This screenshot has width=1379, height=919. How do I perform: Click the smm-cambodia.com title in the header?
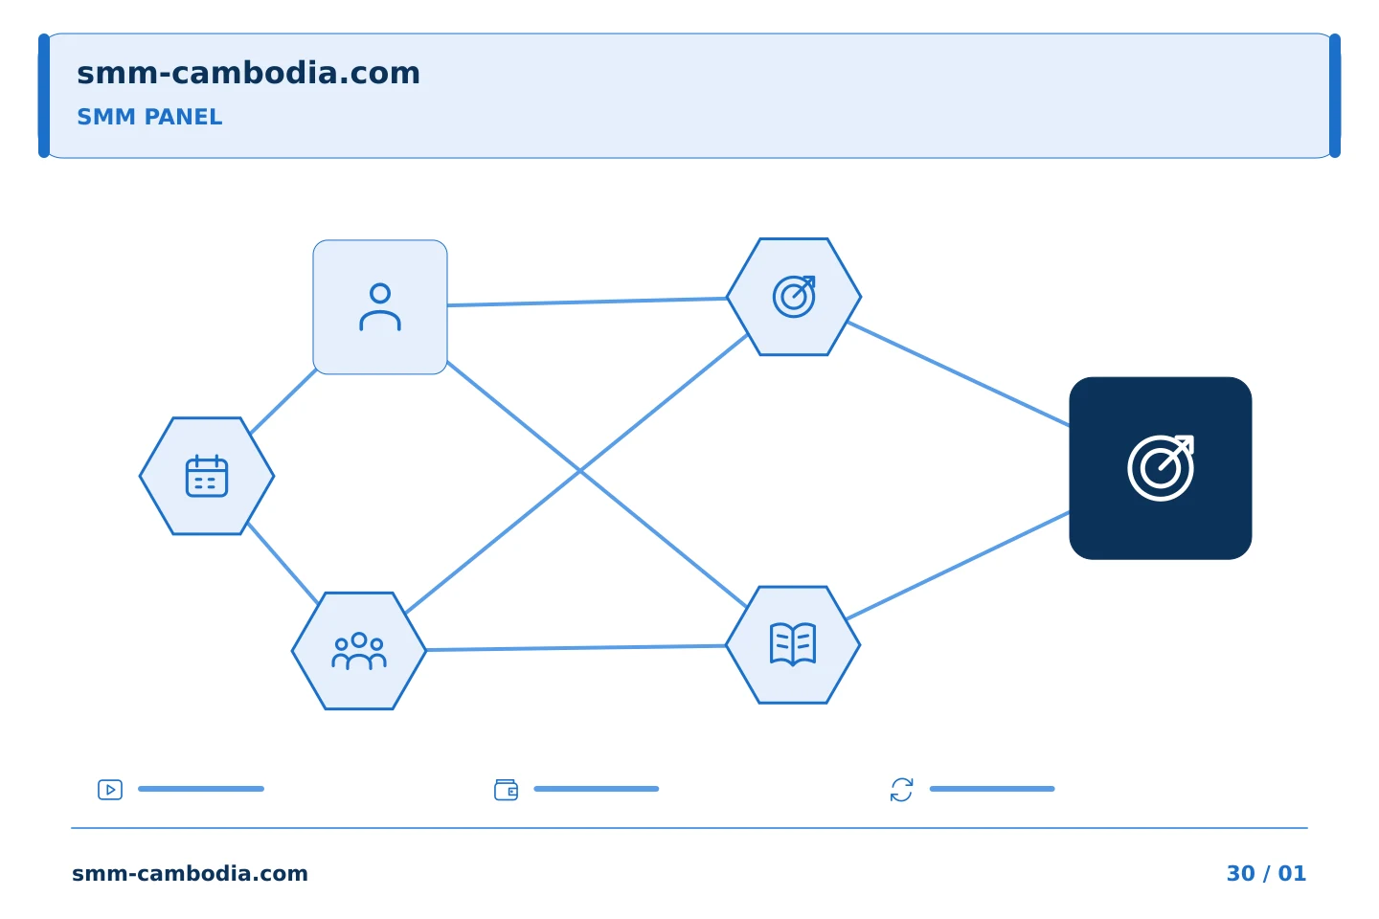tap(248, 74)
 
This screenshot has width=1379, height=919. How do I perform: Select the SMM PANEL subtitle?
tap(149, 117)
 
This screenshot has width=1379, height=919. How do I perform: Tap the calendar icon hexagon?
tap(207, 476)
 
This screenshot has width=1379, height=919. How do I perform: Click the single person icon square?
tap(380, 307)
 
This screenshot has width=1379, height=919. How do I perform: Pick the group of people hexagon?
tap(359, 651)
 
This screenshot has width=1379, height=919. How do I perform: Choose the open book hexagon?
tap(793, 644)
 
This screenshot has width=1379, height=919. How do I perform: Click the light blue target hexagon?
tap(794, 297)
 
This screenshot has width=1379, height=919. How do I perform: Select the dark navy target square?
tap(1161, 468)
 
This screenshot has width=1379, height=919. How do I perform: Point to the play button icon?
tap(110, 790)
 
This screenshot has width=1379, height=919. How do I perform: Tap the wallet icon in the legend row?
tap(506, 790)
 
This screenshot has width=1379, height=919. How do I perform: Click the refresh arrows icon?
tap(901, 790)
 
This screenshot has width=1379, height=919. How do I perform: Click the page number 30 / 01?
tap(1266, 873)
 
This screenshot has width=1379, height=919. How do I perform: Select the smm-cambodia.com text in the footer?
tap(190, 873)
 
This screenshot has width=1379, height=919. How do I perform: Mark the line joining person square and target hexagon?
tap(587, 302)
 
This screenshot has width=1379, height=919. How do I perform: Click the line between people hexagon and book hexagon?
tap(576, 647)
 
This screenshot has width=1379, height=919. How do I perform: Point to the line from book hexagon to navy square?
tap(958, 565)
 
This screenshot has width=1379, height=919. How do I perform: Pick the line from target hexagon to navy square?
tap(959, 373)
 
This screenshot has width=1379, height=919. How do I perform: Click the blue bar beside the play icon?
tap(201, 789)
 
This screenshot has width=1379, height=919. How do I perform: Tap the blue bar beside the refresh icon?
tap(992, 789)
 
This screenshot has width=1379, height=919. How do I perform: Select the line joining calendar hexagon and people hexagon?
tap(283, 563)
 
